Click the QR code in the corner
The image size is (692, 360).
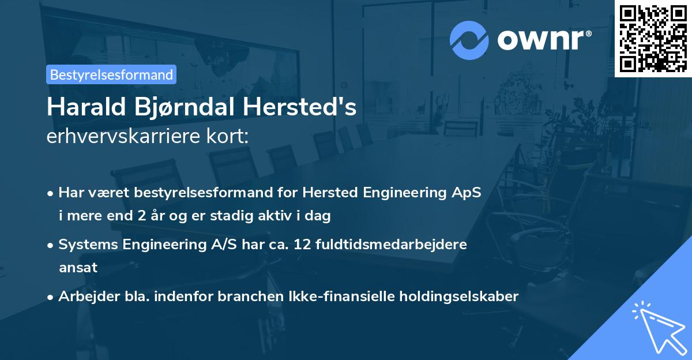coord(653,38)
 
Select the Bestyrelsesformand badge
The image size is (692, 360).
coord(111,74)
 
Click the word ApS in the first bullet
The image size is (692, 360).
coord(466,192)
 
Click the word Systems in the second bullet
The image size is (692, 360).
coord(86,244)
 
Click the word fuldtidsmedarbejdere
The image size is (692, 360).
coord(393,244)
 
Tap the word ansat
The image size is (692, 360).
coord(78,268)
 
